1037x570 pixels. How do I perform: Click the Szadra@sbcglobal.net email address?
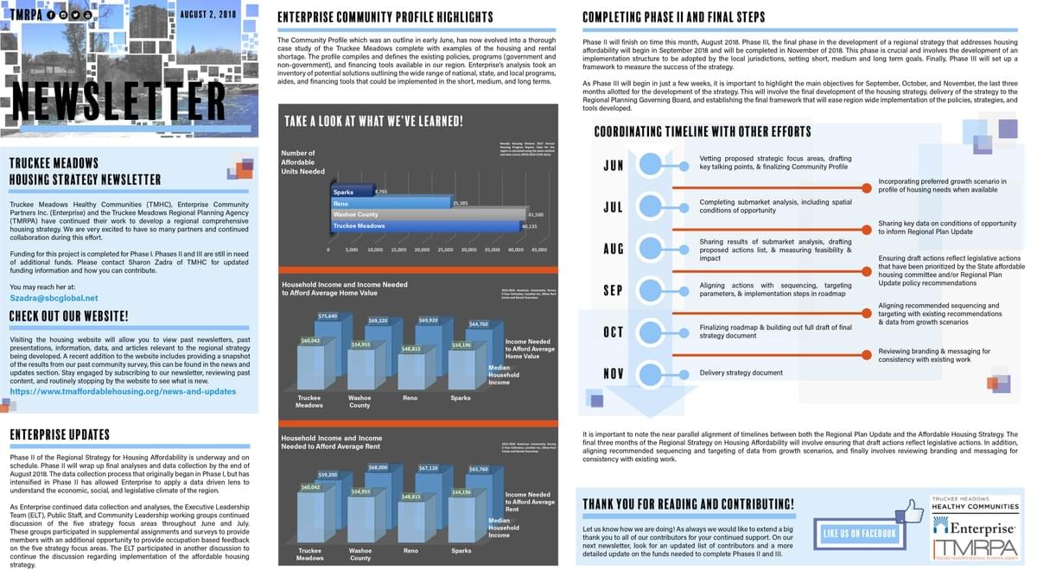(54, 297)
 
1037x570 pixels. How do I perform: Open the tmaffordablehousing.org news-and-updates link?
(123, 391)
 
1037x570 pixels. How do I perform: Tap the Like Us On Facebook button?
(859, 534)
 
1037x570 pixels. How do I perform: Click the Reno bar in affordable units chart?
(391, 203)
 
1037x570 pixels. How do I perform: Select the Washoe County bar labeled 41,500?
(428, 214)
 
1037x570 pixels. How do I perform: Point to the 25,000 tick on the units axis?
(445, 250)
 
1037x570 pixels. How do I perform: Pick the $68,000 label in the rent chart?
(378, 467)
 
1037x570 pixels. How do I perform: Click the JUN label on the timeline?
(614, 165)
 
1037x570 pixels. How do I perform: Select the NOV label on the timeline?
(614, 373)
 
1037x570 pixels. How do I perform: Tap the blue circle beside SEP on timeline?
(651, 289)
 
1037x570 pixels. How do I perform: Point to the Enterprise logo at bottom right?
(973, 528)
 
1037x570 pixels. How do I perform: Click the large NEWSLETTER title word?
(119, 102)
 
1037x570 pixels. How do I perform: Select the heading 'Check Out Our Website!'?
(69, 316)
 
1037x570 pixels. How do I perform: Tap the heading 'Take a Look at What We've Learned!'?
(374, 122)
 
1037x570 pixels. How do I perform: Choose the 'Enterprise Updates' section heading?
(60, 434)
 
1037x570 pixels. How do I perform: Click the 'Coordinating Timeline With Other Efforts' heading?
(703, 132)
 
